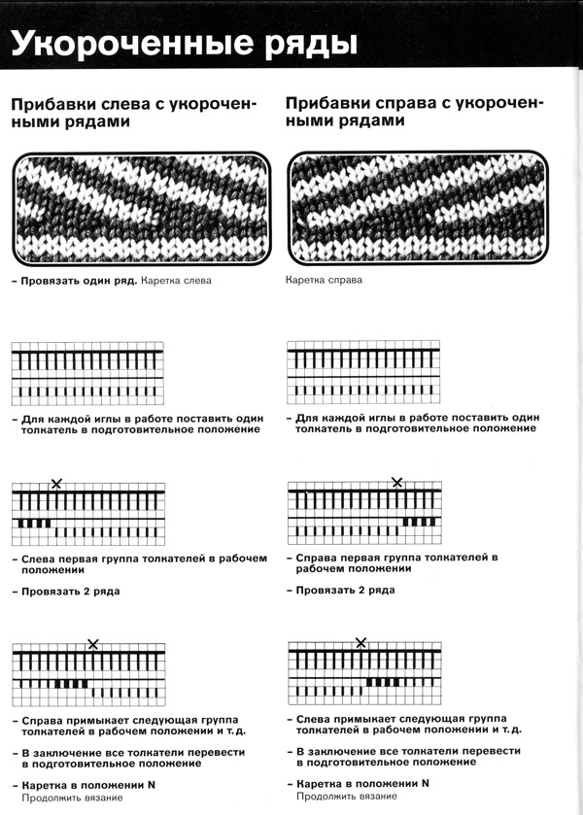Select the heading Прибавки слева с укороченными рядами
point(131,113)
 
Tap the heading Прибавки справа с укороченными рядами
point(413,113)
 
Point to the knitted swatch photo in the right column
point(417,207)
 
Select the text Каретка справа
point(325,281)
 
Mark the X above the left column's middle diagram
point(56,483)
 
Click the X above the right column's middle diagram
point(396,483)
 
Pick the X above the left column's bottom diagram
point(93,643)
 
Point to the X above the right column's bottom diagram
point(361,643)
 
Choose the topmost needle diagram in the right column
point(363,373)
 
